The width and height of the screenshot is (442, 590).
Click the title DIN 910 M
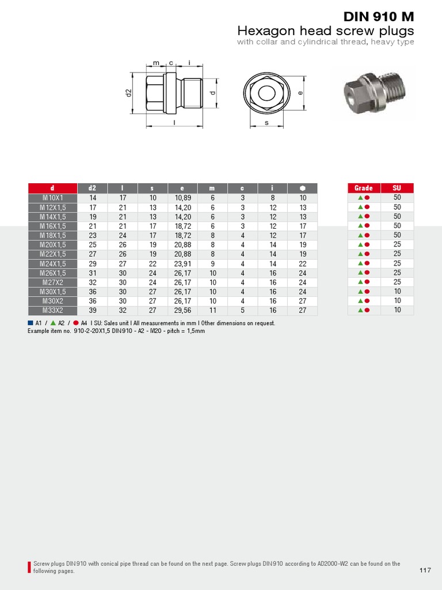tap(379, 16)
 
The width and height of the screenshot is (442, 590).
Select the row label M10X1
tap(52, 198)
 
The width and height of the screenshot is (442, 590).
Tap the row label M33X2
tap(52, 311)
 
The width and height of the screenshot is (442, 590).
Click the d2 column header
tap(92, 188)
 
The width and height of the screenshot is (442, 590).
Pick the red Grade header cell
tap(363, 188)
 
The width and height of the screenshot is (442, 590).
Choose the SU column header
tap(397, 188)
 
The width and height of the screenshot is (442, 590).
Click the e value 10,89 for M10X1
tap(182, 198)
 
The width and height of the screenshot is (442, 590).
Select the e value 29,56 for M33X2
tap(182, 311)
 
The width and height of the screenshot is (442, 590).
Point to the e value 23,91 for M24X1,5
tap(182, 264)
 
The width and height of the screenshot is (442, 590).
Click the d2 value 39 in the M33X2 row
tap(92, 311)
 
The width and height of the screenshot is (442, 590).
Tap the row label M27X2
tap(52, 282)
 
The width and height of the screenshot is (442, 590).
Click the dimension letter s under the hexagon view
tap(266, 123)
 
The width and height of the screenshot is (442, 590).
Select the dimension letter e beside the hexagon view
tap(300, 93)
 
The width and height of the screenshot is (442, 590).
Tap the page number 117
tap(425, 570)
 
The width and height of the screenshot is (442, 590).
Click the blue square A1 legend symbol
tap(31, 323)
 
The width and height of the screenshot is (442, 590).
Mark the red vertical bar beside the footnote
tap(29, 566)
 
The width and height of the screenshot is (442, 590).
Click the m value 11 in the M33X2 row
tap(212, 311)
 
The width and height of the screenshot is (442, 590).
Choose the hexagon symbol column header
tap(303, 188)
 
